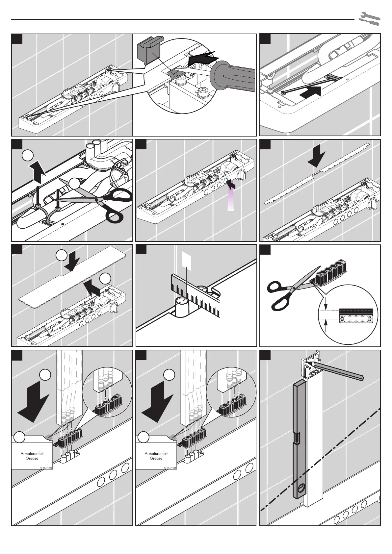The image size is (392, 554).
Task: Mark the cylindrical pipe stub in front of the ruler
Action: tap(182, 307)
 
